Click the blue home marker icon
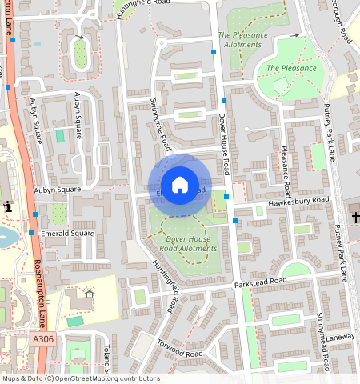[180, 185]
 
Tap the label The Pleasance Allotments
[241, 40]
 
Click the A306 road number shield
[45, 340]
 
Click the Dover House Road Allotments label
[191, 243]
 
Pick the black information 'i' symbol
[8, 207]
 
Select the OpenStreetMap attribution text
[80, 378]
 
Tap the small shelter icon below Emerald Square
[90, 294]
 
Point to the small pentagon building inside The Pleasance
[280, 83]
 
